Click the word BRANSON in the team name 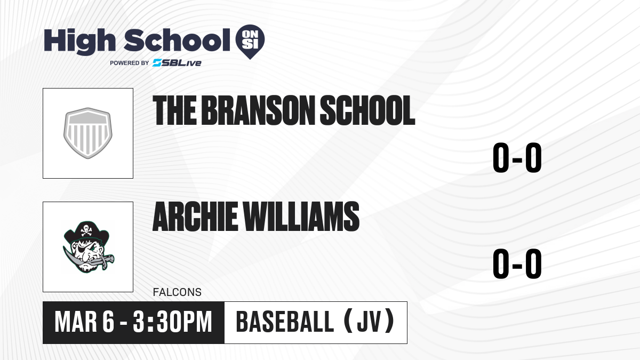coord(258,110)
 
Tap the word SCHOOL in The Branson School coord(367,110)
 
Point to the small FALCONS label coord(177,292)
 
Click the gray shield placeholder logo coord(87,133)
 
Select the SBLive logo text coord(177,63)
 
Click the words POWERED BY coord(130,63)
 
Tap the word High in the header coord(80,42)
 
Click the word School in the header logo coord(177,40)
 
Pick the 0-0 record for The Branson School coord(517,158)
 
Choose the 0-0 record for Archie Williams coord(517,263)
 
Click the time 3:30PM coord(172,322)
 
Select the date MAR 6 coord(84,322)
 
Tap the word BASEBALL coord(285,322)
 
